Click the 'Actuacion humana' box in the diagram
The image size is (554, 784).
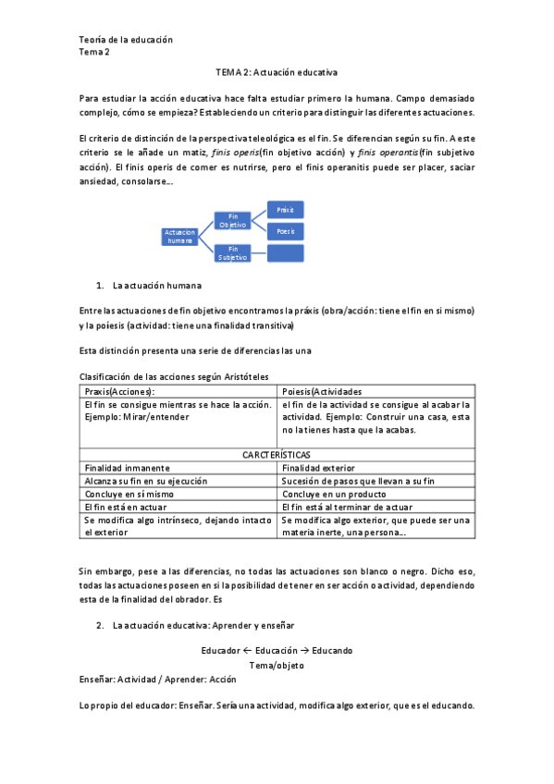[x=180, y=236]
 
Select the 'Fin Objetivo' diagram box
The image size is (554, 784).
[x=233, y=221]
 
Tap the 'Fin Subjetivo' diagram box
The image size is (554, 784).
[x=233, y=252]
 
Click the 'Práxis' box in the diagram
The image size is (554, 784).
[x=285, y=210]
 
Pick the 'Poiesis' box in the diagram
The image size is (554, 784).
[x=285, y=231]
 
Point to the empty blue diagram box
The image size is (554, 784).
[x=285, y=252]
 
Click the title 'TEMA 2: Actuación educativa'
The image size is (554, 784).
[x=277, y=71]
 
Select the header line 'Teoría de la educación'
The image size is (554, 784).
[x=126, y=40]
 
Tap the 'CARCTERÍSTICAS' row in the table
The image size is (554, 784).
[x=277, y=455]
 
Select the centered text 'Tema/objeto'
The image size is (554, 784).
[x=277, y=665]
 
